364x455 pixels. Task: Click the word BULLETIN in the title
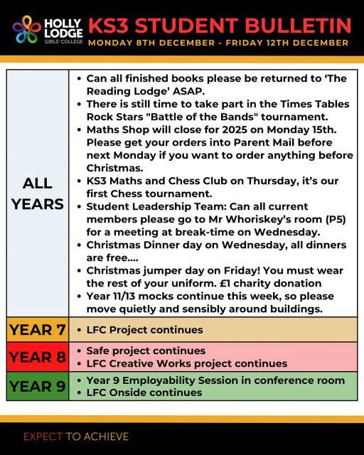[x=296, y=26]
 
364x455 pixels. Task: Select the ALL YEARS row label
[x=38, y=193]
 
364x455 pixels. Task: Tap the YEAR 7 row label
[x=38, y=330]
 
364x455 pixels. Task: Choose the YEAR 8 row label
[x=38, y=357]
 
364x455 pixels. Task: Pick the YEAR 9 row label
[x=38, y=386]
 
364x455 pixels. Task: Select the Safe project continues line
[x=145, y=350]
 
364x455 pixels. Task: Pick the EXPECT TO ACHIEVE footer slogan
[x=76, y=436]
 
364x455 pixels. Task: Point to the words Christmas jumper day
[x=146, y=271]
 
